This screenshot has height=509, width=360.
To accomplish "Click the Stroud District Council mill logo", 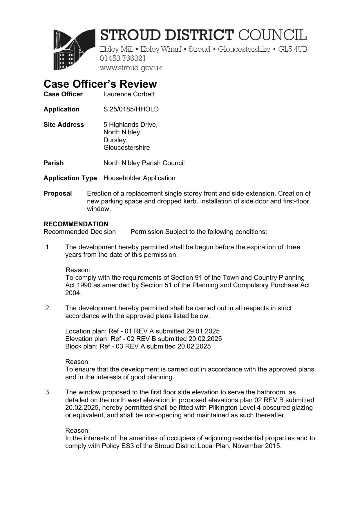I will tap(74, 50).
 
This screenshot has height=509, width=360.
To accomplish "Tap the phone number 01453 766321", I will tap(123, 59).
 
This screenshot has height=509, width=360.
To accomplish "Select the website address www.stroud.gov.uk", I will tap(131, 68).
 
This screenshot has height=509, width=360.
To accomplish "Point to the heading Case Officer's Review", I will tap(100, 84).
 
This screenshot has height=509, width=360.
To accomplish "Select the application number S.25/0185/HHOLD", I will tap(131, 109).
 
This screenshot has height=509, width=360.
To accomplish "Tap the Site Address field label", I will tap(64, 125).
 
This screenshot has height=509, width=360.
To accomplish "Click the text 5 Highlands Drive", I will tap(130, 125).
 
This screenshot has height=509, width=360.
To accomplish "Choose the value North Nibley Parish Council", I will tap(144, 163).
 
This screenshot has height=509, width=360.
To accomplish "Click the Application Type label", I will tap(70, 178).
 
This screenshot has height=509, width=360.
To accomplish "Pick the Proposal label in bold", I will tap(57, 194).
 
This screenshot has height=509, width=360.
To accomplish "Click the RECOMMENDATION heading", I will tap(76, 224).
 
